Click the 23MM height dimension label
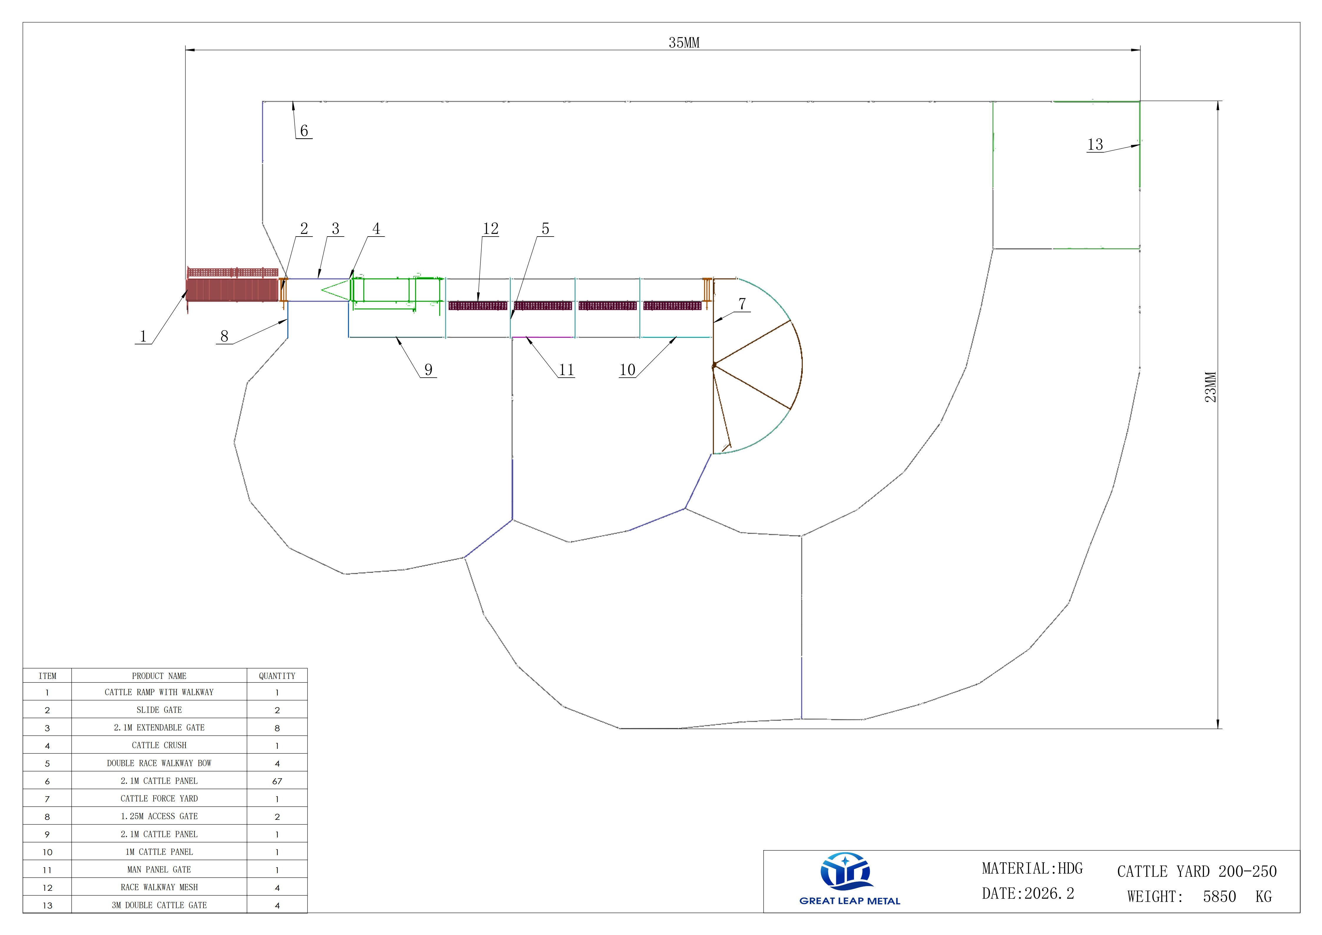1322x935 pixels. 1211,387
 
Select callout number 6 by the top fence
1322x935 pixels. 304,131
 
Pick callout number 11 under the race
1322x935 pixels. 567,370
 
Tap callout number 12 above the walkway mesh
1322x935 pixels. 491,229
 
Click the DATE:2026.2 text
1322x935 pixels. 1028,893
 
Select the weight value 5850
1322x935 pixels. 1220,896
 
